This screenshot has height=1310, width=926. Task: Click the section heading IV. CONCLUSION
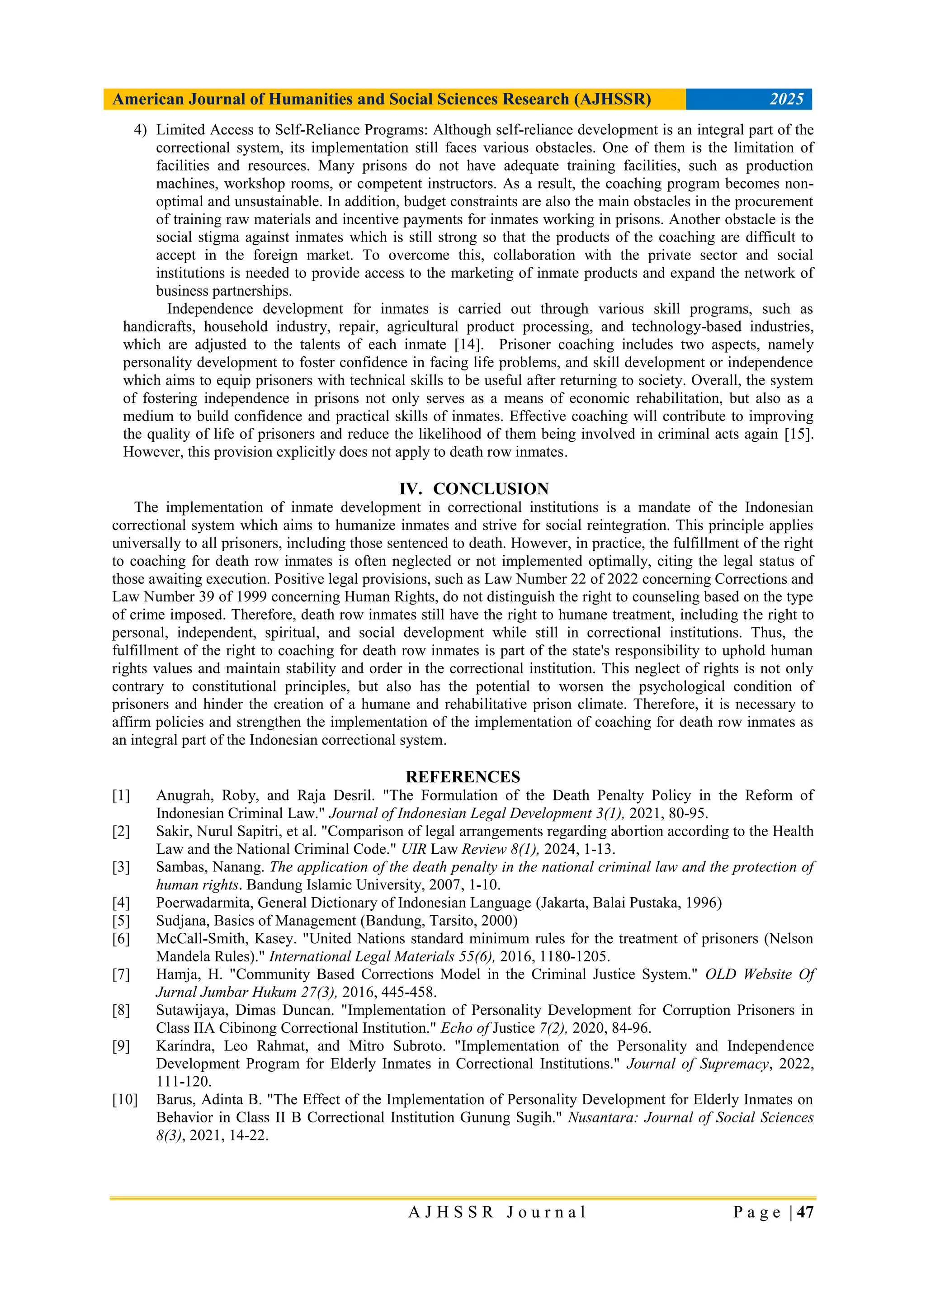[x=473, y=489]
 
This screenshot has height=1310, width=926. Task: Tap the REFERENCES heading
[x=463, y=777]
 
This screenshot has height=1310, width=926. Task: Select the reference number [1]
[x=121, y=795]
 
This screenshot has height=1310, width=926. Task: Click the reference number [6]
[x=121, y=939]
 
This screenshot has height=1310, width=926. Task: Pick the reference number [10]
[x=124, y=1099]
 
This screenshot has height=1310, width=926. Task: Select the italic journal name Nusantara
[x=602, y=1117]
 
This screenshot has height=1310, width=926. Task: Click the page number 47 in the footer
[x=804, y=1212]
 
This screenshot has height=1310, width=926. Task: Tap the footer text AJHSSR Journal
[x=497, y=1212]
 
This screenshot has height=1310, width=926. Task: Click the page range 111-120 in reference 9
[x=184, y=1081]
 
